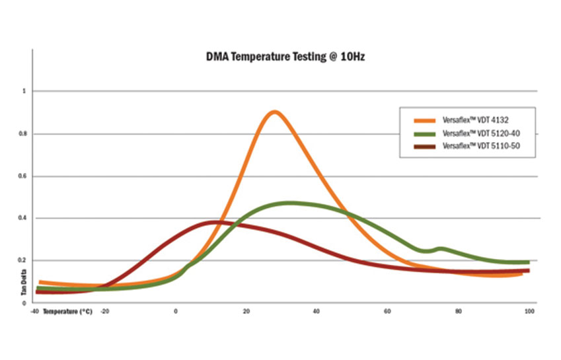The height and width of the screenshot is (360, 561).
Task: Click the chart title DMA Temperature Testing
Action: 285,57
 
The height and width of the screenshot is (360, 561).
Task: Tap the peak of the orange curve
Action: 274,112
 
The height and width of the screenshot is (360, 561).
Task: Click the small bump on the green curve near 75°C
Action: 441,248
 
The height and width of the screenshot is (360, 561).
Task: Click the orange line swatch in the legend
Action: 424,121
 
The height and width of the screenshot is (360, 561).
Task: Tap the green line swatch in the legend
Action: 424,133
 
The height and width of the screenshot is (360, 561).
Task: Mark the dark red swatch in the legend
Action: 424,145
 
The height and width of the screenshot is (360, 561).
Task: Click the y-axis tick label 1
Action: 24,91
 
